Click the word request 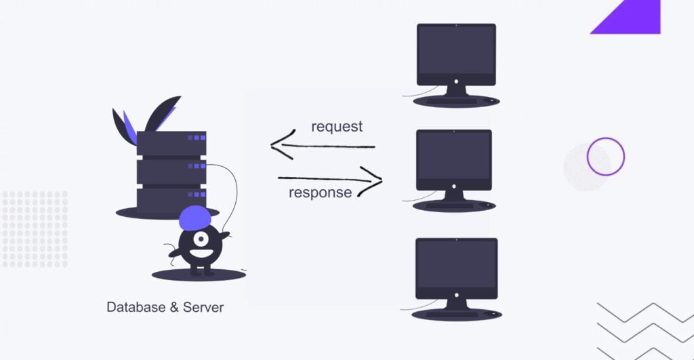337,127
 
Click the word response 320,193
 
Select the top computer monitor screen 456,51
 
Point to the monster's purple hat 197,216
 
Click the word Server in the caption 203,307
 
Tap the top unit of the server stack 171,142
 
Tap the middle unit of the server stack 171,172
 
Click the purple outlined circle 605,157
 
